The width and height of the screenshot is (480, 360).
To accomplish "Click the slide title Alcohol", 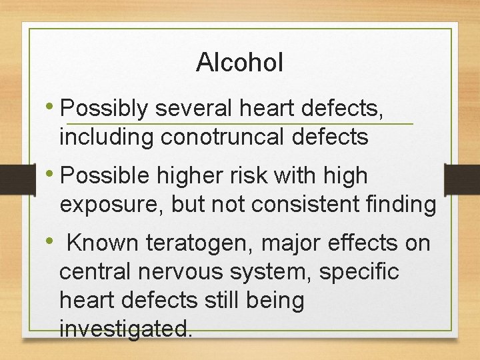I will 240,63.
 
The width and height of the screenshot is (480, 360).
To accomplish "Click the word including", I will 107,137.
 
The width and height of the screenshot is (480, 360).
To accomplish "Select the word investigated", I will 126,329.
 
